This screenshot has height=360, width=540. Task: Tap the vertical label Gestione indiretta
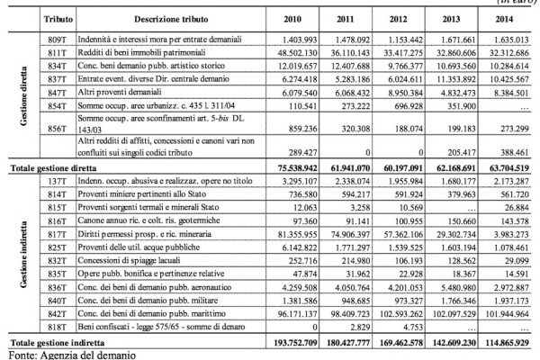18,256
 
